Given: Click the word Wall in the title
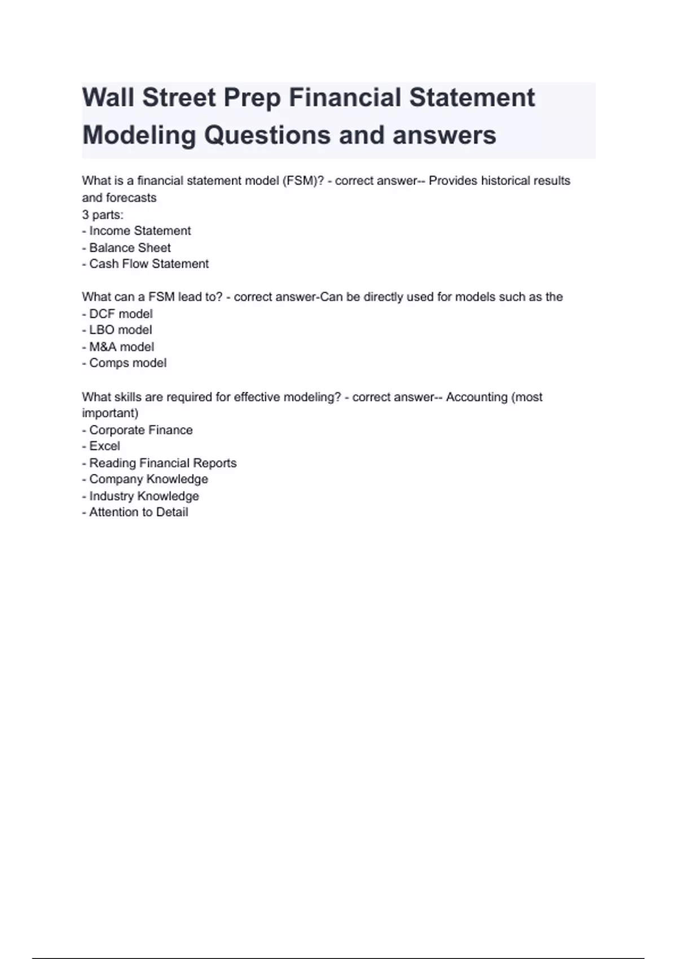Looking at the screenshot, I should click(x=108, y=98).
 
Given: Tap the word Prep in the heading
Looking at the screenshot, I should click(x=252, y=98).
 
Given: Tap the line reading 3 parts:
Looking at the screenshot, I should click(x=103, y=214).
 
